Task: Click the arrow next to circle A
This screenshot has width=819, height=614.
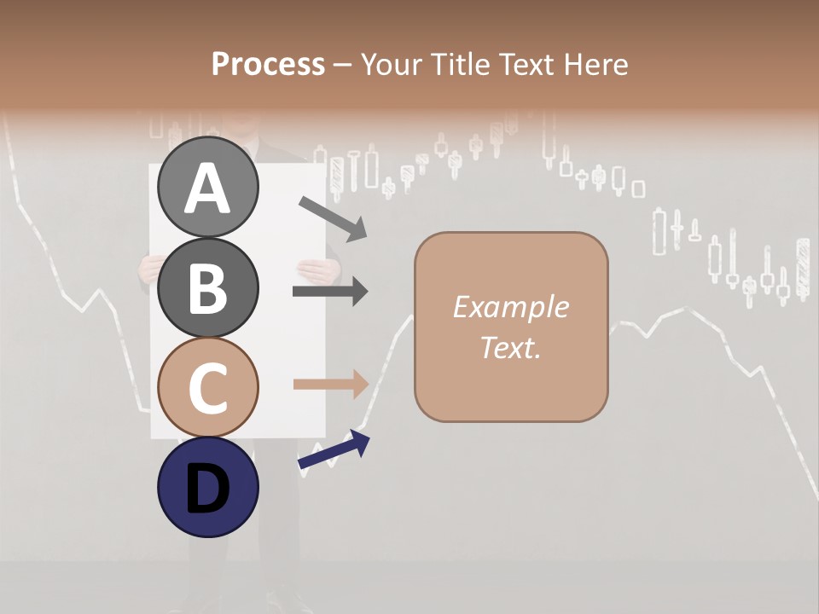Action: pyautogui.click(x=332, y=217)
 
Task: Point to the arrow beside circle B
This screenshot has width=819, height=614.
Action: pyautogui.click(x=330, y=292)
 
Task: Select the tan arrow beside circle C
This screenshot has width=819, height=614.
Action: pyautogui.click(x=330, y=384)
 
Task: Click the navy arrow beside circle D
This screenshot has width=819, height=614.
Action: pyautogui.click(x=334, y=450)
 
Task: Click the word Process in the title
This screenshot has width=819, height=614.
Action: pyautogui.click(x=268, y=65)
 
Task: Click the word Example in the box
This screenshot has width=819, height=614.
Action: pyautogui.click(x=510, y=307)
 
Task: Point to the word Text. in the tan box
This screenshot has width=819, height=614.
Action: pyautogui.click(x=510, y=347)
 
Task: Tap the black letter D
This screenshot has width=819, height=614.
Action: pyautogui.click(x=208, y=489)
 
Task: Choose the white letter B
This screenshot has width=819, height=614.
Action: pyautogui.click(x=208, y=288)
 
